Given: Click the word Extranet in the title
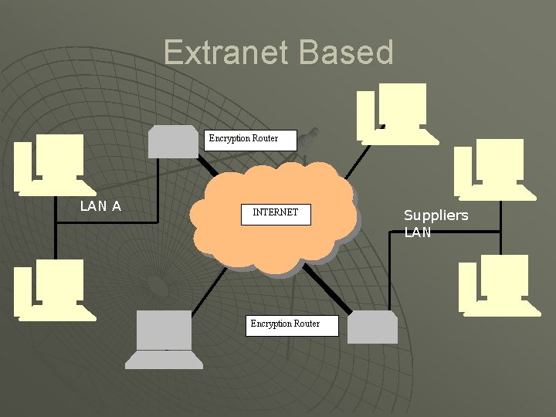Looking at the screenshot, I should pyautogui.click(x=226, y=53).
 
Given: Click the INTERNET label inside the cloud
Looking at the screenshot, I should pyautogui.click(x=275, y=212).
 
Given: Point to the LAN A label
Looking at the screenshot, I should pyautogui.click(x=100, y=205).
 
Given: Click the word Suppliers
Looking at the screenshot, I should pyautogui.click(x=436, y=215).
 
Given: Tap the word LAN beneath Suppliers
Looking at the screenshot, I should pyautogui.click(x=418, y=232).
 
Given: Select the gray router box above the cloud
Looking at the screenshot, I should pyautogui.click(x=174, y=141).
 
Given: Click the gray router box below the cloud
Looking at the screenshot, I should pyautogui.click(x=372, y=327).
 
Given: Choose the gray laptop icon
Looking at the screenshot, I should pyautogui.click(x=163, y=339).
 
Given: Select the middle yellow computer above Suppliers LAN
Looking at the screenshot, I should pyautogui.click(x=493, y=166).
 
